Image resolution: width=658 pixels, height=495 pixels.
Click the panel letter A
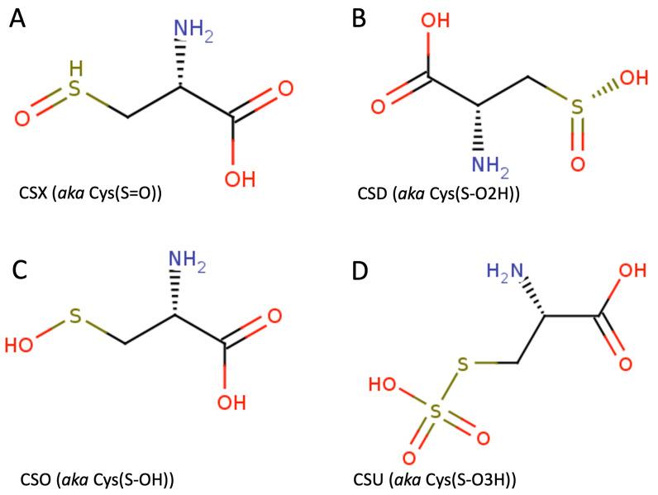click(x=18, y=18)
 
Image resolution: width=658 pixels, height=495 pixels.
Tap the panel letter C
click(x=18, y=271)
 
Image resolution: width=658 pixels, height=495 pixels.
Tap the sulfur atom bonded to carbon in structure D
click(x=465, y=363)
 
